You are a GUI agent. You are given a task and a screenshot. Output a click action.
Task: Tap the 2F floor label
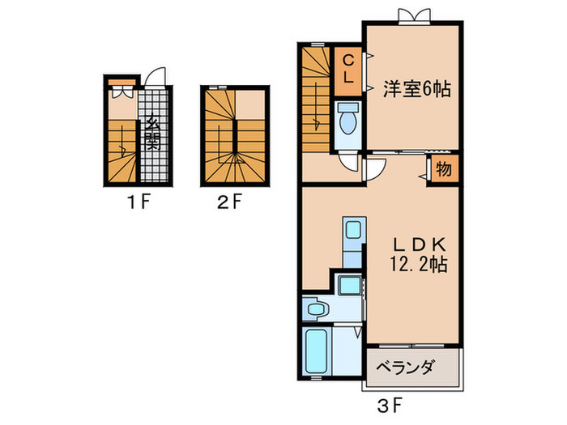(230, 203)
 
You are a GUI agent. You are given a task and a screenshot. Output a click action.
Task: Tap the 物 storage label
(444, 170)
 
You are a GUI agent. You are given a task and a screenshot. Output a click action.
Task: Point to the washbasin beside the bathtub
(316, 309)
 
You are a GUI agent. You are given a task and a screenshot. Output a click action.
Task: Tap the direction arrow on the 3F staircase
(318, 121)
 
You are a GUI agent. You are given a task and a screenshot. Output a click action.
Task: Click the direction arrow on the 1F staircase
(122, 148)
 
